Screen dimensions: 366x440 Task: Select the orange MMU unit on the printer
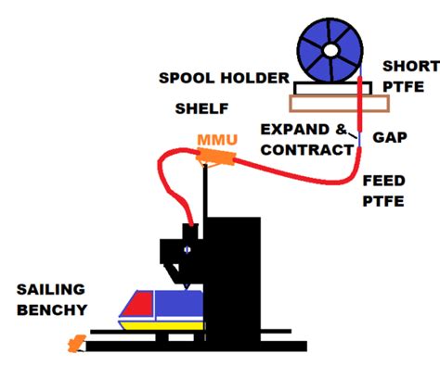[216, 159]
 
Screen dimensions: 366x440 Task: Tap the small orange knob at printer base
[75, 345]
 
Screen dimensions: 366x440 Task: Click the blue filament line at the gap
[357, 144]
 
